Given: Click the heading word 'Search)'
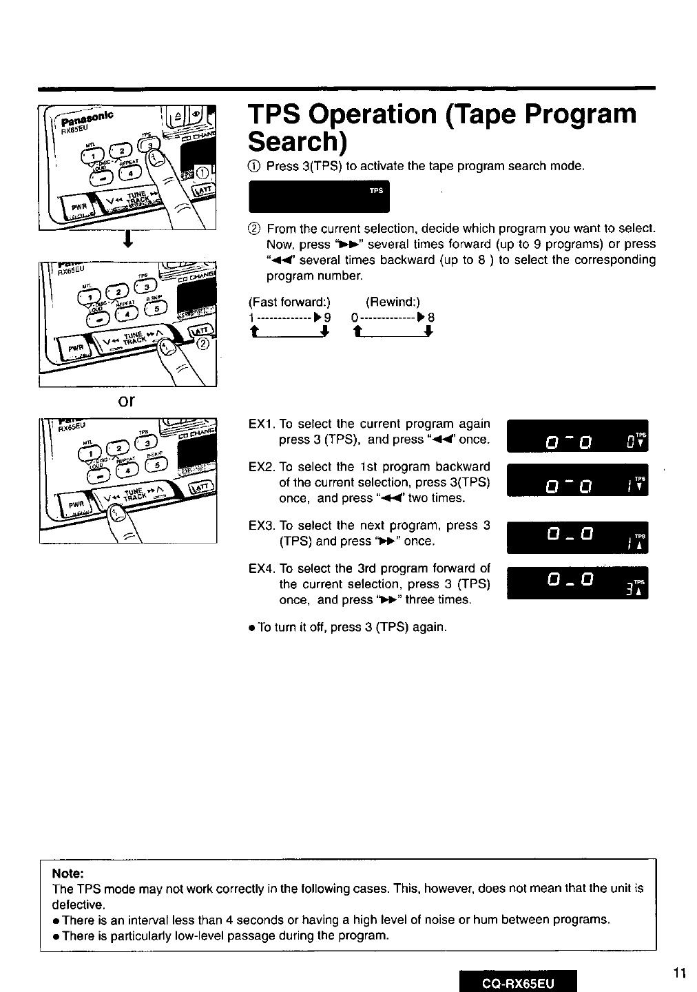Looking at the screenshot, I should point(296,141).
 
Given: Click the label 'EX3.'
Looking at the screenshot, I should point(262,526).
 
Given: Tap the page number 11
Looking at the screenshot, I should point(680,973).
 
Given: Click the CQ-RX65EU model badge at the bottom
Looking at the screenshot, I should point(518,980).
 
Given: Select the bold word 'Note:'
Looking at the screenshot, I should point(67,873).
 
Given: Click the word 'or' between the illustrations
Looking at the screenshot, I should point(126,401).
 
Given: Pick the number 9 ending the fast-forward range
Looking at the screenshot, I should point(327,318).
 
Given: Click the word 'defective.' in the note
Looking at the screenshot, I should point(79,904).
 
